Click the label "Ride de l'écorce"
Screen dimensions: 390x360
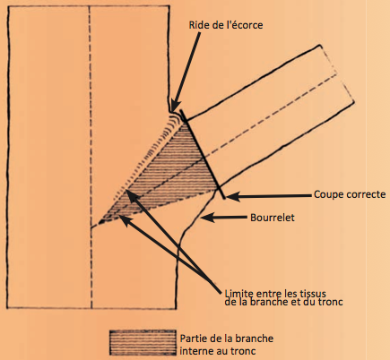pos(226,25)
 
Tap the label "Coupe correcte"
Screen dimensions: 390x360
pos(350,194)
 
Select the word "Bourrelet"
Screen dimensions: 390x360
pos(273,218)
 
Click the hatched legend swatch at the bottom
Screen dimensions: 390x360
pos(143,342)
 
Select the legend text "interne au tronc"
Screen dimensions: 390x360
pos(218,351)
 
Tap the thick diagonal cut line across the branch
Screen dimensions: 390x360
pos(203,154)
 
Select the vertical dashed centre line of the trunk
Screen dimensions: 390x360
pos(90,157)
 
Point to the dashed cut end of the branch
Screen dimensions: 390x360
pos(337,73)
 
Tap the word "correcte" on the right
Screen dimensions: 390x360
pos(367,194)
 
